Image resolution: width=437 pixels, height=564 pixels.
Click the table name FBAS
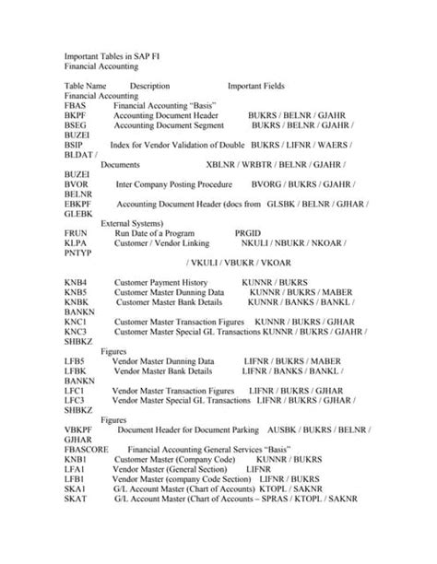[x=75, y=106]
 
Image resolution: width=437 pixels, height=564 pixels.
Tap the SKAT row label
[x=76, y=497]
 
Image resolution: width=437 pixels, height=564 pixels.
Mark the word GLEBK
[x=78, y=212]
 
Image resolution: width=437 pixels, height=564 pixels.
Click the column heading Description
[x=150, y=86]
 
